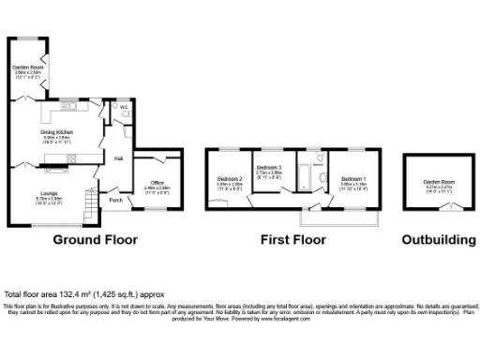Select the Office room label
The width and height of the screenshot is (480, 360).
157,184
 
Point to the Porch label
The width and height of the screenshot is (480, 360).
115,200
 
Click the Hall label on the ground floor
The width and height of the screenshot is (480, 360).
119,157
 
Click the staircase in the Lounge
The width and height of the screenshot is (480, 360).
90,199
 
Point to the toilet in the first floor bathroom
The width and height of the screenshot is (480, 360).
321,178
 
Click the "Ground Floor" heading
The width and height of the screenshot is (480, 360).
95,240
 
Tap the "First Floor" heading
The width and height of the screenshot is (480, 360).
293,240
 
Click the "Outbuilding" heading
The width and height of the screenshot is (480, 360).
438,240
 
